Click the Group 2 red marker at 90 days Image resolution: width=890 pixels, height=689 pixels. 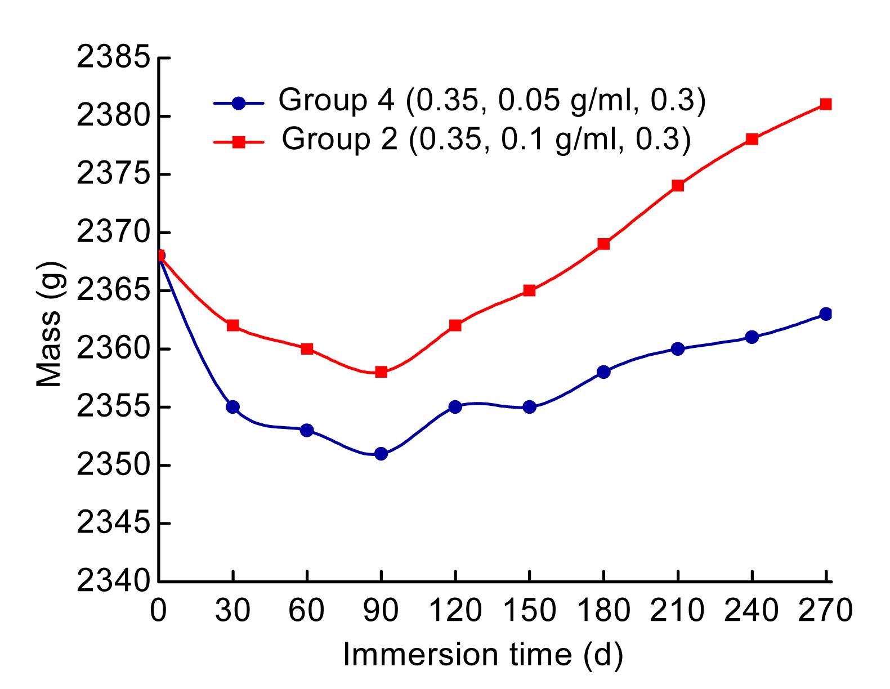[381, 372]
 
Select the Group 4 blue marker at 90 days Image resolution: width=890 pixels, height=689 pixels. [381, 454]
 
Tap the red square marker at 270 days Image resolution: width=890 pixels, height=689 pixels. [826, 104]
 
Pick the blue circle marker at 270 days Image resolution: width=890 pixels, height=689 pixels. [826, 314]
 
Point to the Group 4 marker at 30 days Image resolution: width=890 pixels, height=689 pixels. [232, 407]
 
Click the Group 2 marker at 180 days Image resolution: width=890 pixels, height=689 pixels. [603, 244]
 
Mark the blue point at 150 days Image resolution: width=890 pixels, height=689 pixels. [529, 407]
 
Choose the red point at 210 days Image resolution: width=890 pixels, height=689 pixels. [678, 186]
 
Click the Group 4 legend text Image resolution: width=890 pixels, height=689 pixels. [491, 101]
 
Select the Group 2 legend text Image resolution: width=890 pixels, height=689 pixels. [486, 138]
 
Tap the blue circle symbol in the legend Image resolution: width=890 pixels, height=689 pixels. [239, 104]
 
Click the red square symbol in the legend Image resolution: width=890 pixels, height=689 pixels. [239, 142]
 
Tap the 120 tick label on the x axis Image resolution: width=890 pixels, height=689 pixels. [455, 610]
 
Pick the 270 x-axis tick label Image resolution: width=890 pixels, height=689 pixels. [825, 610]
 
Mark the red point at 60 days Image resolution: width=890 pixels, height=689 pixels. [307, 349]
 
